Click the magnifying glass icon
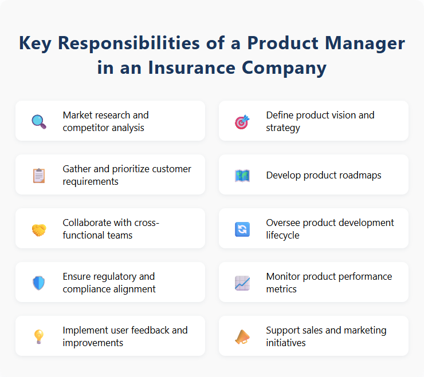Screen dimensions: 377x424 click(38, 121)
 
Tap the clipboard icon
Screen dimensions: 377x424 click(38, 175)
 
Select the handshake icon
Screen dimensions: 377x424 click(38, 229)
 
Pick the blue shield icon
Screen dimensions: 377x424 click(38, 283)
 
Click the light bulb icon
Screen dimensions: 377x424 click(38, 336)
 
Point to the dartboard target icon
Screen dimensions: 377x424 click(242, 121)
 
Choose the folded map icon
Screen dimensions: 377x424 click(242, 175)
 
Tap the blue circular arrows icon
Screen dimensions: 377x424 click(242, 229)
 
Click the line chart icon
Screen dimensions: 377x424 click(242, 283)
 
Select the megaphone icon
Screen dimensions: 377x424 click(242, 336)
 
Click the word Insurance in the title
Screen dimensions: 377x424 click(191, 68)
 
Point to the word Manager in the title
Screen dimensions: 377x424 click(358, 43)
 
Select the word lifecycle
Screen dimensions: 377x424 click(283, 235)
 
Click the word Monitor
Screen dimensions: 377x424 click(284, 276)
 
